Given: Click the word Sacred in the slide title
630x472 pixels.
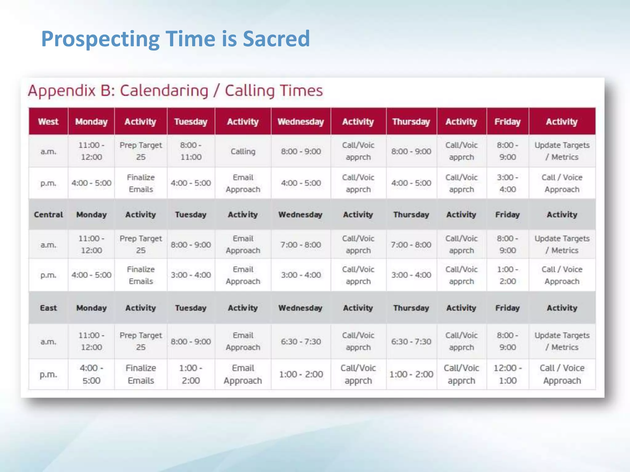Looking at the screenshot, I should pyautogui.click(x=276, y=39).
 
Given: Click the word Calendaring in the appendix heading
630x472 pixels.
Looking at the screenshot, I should pyautogui.click(x=164, y=91).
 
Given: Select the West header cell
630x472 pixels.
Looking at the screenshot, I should pyautogui.click(x=48, y=122).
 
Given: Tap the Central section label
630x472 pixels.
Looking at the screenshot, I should pyautogui.click(x=48, y=214).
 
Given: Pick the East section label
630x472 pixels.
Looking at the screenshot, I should pyautogui.click(x=48, y=308).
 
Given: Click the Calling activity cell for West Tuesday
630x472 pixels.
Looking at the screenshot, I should pyautogui.click(x=243, y=151).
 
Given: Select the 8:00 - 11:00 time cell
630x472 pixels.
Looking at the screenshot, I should pyautogui.click(x=191, y=151).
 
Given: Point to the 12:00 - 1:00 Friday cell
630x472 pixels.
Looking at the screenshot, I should pyautogui.click(x=508, y=374).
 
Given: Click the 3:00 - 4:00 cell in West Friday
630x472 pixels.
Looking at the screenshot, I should pyautogui.click(x=508, y=183).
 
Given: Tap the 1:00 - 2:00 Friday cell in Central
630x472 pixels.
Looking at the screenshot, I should pyautogui.click(x=508, y=275).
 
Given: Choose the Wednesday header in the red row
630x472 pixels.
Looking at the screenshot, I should pyautogui.click(x=301, y=122).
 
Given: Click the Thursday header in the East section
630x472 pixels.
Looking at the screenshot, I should pyautogui.click(x=411, y=308).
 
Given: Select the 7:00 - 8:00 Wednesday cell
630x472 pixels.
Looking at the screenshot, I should pyautogui.click(x=301, y=245).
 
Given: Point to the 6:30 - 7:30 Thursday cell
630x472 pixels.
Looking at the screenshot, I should pyautogui.click(x=411, y=341).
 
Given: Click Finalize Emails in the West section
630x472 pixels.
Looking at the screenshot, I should pyautogui.click(x=141, y=183).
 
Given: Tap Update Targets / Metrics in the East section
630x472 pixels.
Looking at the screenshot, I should pyautogui.click(x=562, y=341).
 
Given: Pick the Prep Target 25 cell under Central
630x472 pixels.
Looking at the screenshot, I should pyautogui.click(x=141, y=244).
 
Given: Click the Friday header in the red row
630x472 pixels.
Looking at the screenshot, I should pyautogui.click(x=508, y=122).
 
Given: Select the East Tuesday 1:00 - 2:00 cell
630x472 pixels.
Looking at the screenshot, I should pyautogui.click(x=191, y=374).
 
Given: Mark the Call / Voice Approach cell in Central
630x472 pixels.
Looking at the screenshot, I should pyautogui.click(x=562, y=275).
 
